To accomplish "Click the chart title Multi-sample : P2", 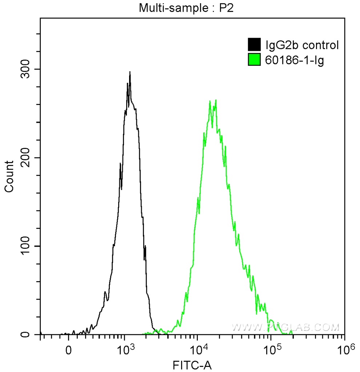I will pos(186,8).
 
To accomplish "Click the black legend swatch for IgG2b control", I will pos(254,45).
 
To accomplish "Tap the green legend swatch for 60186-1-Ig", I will pos(254,59).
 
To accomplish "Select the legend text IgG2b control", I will pos(303,45).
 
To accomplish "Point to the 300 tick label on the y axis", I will pos(26,69).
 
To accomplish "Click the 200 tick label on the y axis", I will pos(26,158).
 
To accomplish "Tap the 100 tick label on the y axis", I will pos(26,246).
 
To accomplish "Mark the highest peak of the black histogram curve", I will pos(130,72).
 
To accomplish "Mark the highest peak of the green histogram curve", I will pos(216,100).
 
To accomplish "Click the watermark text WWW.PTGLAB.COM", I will pos(285,327).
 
